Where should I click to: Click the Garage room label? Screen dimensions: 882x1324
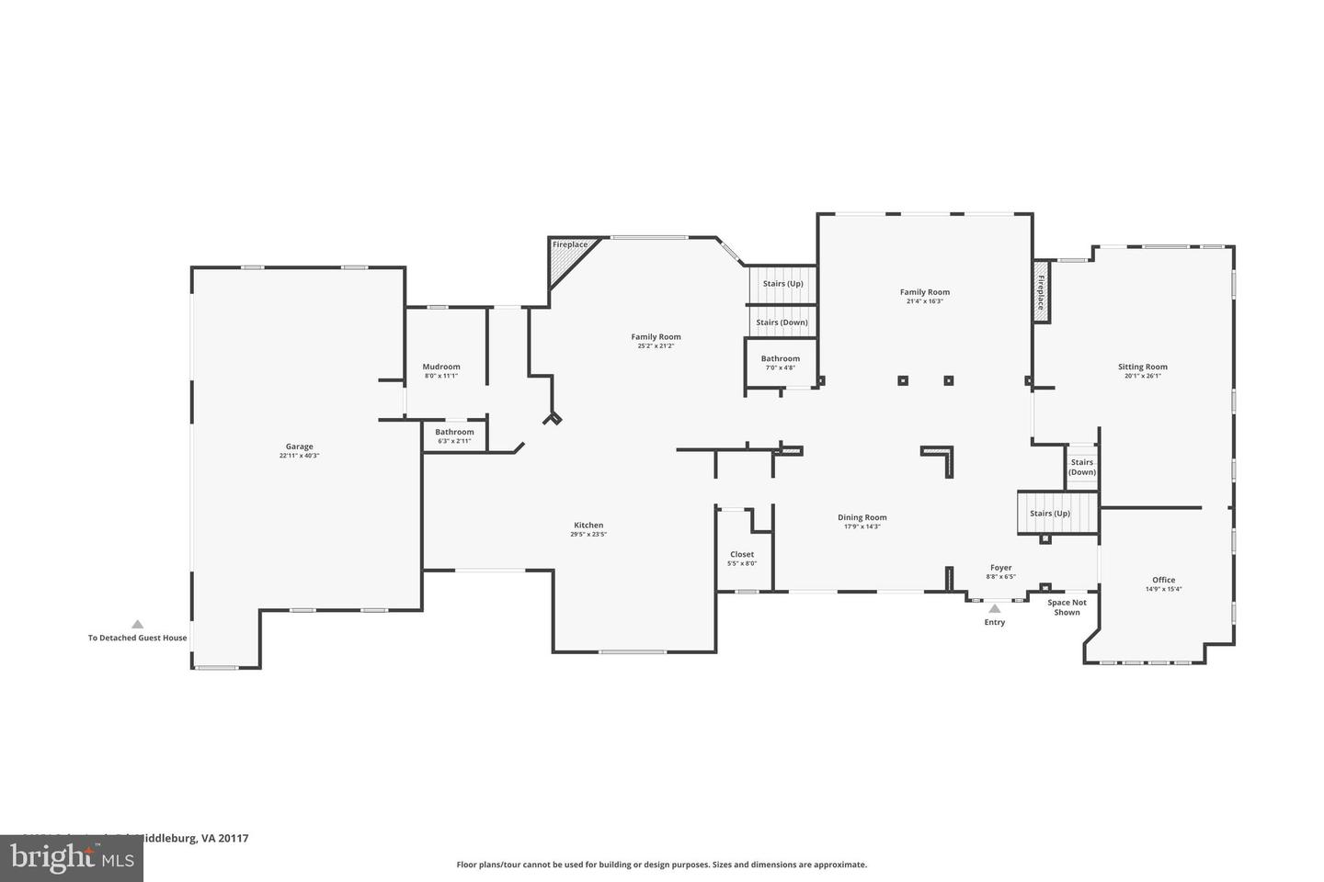click(299, 447)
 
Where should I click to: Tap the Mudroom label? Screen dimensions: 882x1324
click(441, 367)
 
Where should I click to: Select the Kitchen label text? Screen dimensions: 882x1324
click(588, 526)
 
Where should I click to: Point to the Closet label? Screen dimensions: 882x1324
click(742, 554)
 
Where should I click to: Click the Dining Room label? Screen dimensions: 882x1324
click(862, 517)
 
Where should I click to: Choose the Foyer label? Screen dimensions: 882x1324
click(1000, 568)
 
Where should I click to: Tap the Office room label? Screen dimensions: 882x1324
click(1163, 580)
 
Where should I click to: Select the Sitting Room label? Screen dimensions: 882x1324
click(1142, 367)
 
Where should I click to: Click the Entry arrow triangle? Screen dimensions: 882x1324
click(994, 608)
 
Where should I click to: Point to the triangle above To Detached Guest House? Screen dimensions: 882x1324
click(137, 624)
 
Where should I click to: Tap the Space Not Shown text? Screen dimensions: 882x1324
click(1067, 607)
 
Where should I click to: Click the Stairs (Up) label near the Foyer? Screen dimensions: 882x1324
click(1049, 514)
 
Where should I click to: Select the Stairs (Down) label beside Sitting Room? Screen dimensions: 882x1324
click(1082, 467)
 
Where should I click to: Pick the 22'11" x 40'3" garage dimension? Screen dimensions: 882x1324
click(299, 456)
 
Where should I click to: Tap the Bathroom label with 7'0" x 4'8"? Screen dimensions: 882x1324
click(780, 358)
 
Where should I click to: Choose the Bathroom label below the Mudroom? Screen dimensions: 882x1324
click(454, 432)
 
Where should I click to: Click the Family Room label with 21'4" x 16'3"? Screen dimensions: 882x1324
click(924, 292)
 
